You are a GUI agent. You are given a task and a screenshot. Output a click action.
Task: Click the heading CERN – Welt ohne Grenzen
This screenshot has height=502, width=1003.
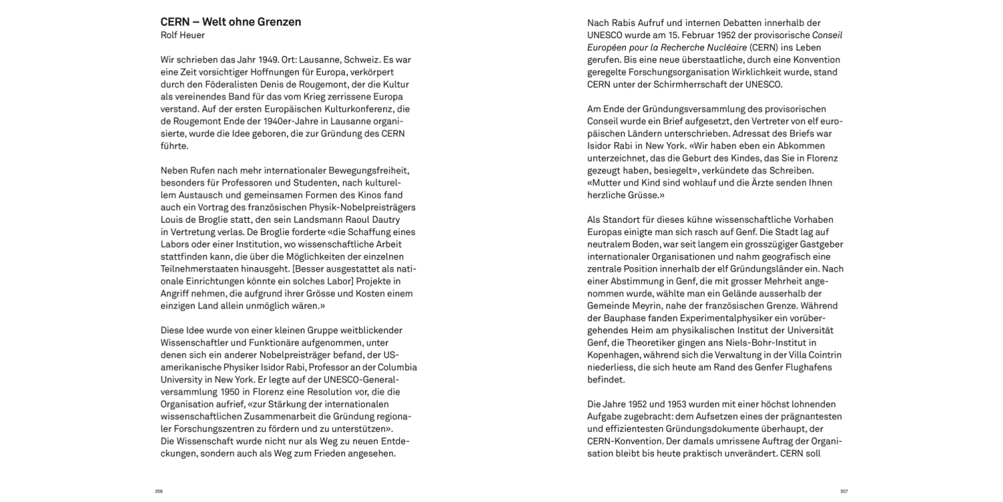click(x=231, y=22)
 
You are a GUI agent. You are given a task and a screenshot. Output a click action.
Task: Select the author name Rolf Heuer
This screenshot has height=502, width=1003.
click(x=183, y=35)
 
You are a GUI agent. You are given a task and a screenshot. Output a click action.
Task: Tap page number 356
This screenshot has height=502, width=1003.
click(x=159, y=491)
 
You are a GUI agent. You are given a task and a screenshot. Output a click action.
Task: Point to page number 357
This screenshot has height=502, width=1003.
click(x=844, y=491)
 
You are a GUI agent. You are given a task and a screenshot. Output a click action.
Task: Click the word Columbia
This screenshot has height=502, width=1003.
click(x=399, y=367)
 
